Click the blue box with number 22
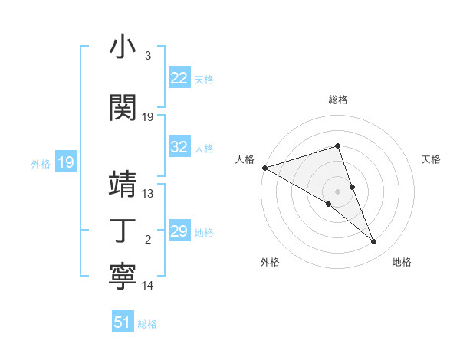[x=179, y=77]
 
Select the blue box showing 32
[x=179, y=147]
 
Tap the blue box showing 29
[x=179, y=231]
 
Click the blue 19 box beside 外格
[x=65, y=162]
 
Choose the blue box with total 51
[x=123, y=322]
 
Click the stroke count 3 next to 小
[x=148, y=56]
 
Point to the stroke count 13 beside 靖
[x=148, y=193]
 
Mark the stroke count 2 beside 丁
[x=148, y=240]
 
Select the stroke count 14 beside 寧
[x=148, y=286]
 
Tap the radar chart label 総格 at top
[x=338, y=100]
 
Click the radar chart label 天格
[x=432, y=159]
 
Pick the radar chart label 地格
[x=402, y=262]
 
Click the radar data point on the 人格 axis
[x=264, y=167]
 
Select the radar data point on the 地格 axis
[x=374, y=242]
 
